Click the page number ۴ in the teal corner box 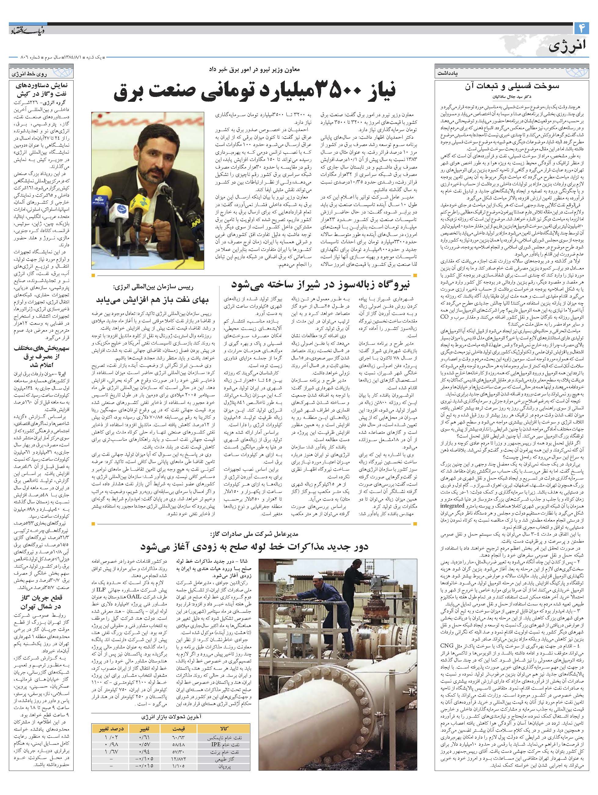coord(581,27)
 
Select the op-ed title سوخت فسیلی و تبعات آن coord(512,86)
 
